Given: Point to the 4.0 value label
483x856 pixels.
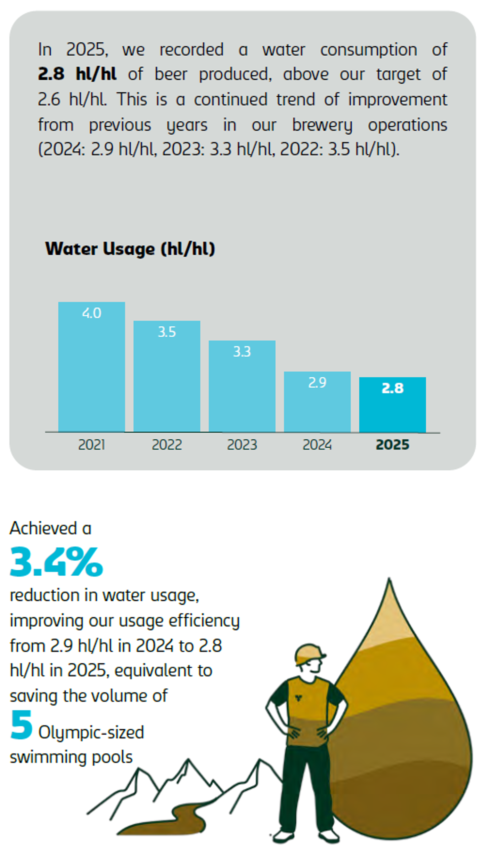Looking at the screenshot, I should (x=91, y=313).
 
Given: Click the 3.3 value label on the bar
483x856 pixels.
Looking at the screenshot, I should (x=242, y=352).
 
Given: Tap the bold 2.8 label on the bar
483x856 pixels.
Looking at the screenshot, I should (x=392, y=388).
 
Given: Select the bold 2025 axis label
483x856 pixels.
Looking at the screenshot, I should (x=392, y=445).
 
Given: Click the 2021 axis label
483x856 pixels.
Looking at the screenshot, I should (x=91, y=445).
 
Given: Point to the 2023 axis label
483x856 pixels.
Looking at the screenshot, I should (x=242, y=445).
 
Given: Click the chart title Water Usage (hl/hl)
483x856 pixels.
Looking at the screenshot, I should (x=130, y=249).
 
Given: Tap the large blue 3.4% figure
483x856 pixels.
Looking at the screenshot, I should (x=56, y=562).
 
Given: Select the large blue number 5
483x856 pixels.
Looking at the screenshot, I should (x=21, y=725).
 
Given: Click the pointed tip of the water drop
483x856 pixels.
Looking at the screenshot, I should (x=389, y=582).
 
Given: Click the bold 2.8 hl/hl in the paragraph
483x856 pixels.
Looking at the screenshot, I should (x=77, y=74).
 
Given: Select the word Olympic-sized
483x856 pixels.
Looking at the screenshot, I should (x=91, y=732).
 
